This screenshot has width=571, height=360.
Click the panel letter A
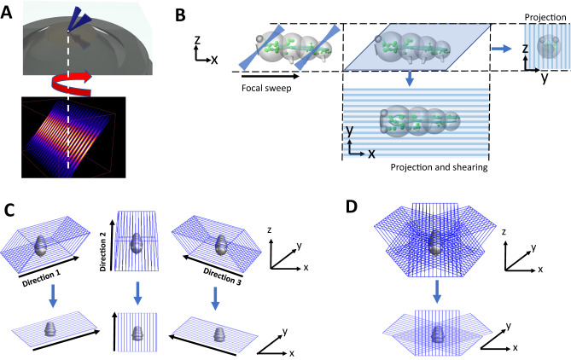[x=8, y=9]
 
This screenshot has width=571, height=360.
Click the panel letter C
[x=8, y=210]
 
